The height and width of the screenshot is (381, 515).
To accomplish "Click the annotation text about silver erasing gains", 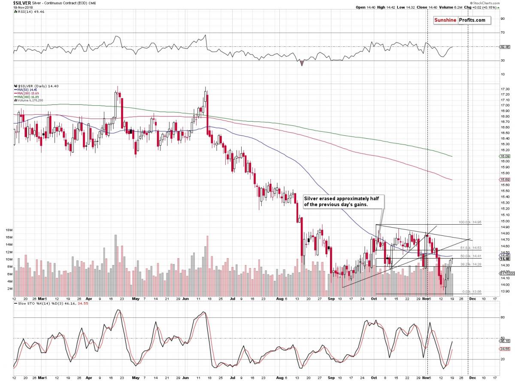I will tap(343, 202).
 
